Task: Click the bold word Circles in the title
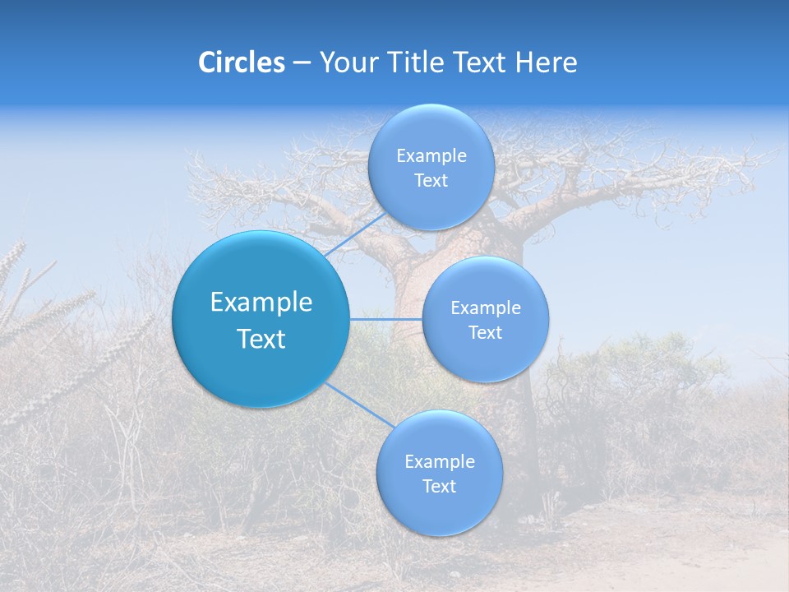click(241, 62)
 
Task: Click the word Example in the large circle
click(261, 303)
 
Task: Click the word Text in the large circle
click(261, 339)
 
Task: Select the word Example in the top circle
click(431, 156)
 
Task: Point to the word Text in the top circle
click(431, 181)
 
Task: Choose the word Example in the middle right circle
click(486, 308)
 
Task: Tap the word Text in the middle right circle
click(486, 333)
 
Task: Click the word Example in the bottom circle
click(439, 462)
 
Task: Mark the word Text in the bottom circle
click(439, 487)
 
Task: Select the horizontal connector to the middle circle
click(386, 318)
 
